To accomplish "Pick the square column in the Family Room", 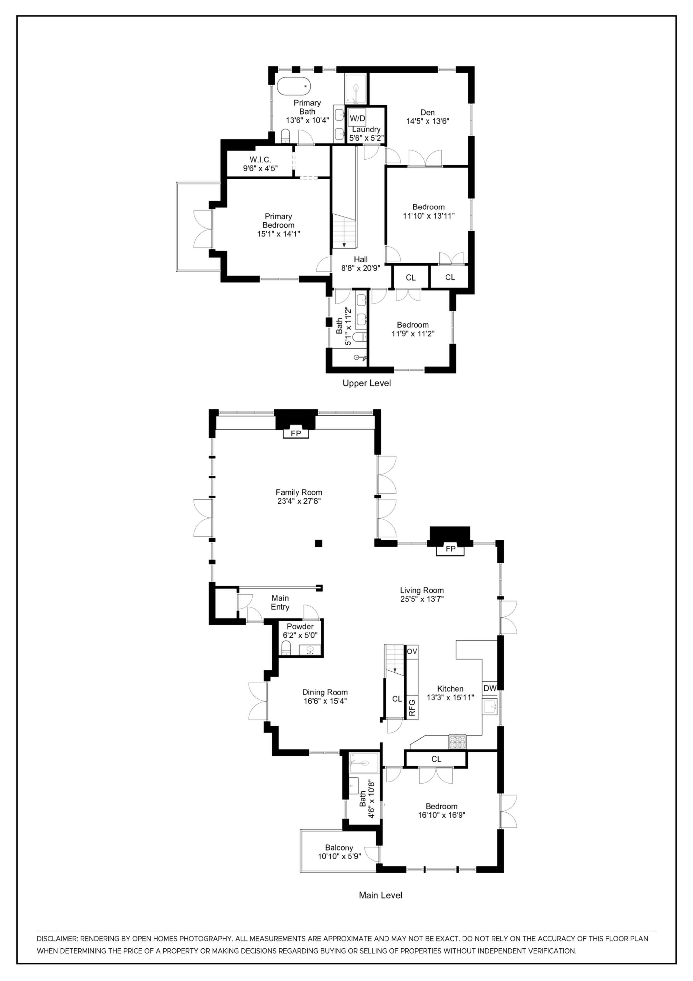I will (318, 543).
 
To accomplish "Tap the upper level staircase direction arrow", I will (344, 245).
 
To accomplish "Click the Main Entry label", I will (280, 602).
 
